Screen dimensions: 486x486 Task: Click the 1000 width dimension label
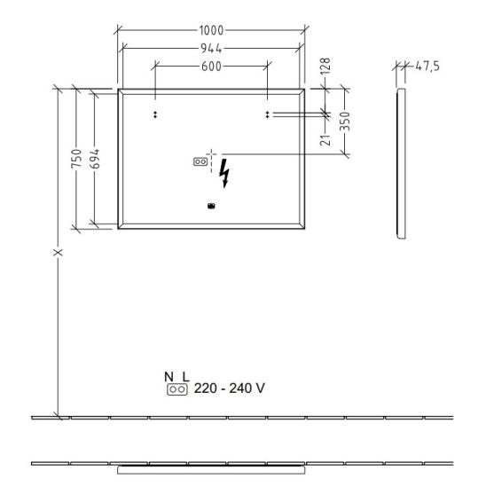[x=211, y=30]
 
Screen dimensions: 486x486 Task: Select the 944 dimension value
[x=211, y=49]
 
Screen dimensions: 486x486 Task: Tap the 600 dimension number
[x=211, y=67]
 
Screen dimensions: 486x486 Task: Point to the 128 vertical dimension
[x=325, y=66]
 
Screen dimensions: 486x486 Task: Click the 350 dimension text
[x=345, y=121]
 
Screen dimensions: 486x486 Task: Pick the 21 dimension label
[x=325, y=140]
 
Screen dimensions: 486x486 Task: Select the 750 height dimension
[x=76, y=159]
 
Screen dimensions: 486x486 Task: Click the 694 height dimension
[x=95, y=159]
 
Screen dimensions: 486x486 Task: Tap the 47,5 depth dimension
[x=427, y=66]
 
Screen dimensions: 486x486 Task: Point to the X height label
[x=58, y=252]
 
